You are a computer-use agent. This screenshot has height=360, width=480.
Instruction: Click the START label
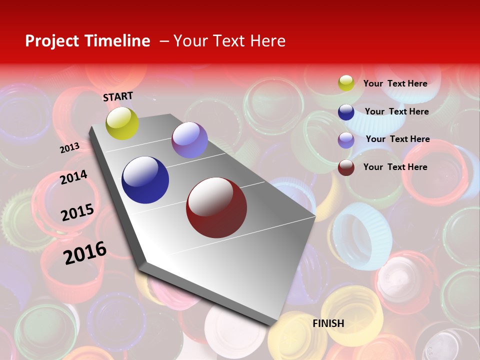coord(118,96)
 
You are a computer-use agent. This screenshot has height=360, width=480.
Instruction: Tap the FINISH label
coord(328,323)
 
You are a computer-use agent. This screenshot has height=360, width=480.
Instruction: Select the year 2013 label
coord(70,147)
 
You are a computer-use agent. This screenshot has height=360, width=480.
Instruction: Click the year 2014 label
coord(74,177)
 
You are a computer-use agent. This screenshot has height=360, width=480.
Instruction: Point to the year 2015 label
coord(77,212)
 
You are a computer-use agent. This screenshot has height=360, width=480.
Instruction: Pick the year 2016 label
coord(85,252)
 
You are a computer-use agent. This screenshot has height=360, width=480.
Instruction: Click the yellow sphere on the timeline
coord(122,123)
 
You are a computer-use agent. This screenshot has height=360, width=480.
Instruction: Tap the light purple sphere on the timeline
coord(189,140)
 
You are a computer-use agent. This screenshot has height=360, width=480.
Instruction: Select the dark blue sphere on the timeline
coord(145,180)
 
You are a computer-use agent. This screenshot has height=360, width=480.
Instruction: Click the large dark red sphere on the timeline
coord(216,207)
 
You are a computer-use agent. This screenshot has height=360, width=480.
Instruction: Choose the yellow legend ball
coord(346,83)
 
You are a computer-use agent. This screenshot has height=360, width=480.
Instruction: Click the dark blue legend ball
coord(346,112)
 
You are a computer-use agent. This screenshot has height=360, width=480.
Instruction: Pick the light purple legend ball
coord(346,140)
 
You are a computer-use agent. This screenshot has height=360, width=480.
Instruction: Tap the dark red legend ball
coord(346,167)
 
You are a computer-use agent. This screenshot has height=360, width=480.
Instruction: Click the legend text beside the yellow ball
coord(395,83)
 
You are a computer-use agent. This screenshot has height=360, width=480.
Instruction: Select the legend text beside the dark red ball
coord(395,167)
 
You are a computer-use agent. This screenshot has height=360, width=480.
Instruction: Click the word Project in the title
coord(52,41)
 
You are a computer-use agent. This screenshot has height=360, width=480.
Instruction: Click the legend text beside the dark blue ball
coord(396,111)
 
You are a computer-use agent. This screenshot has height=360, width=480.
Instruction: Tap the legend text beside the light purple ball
coord(397,139)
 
